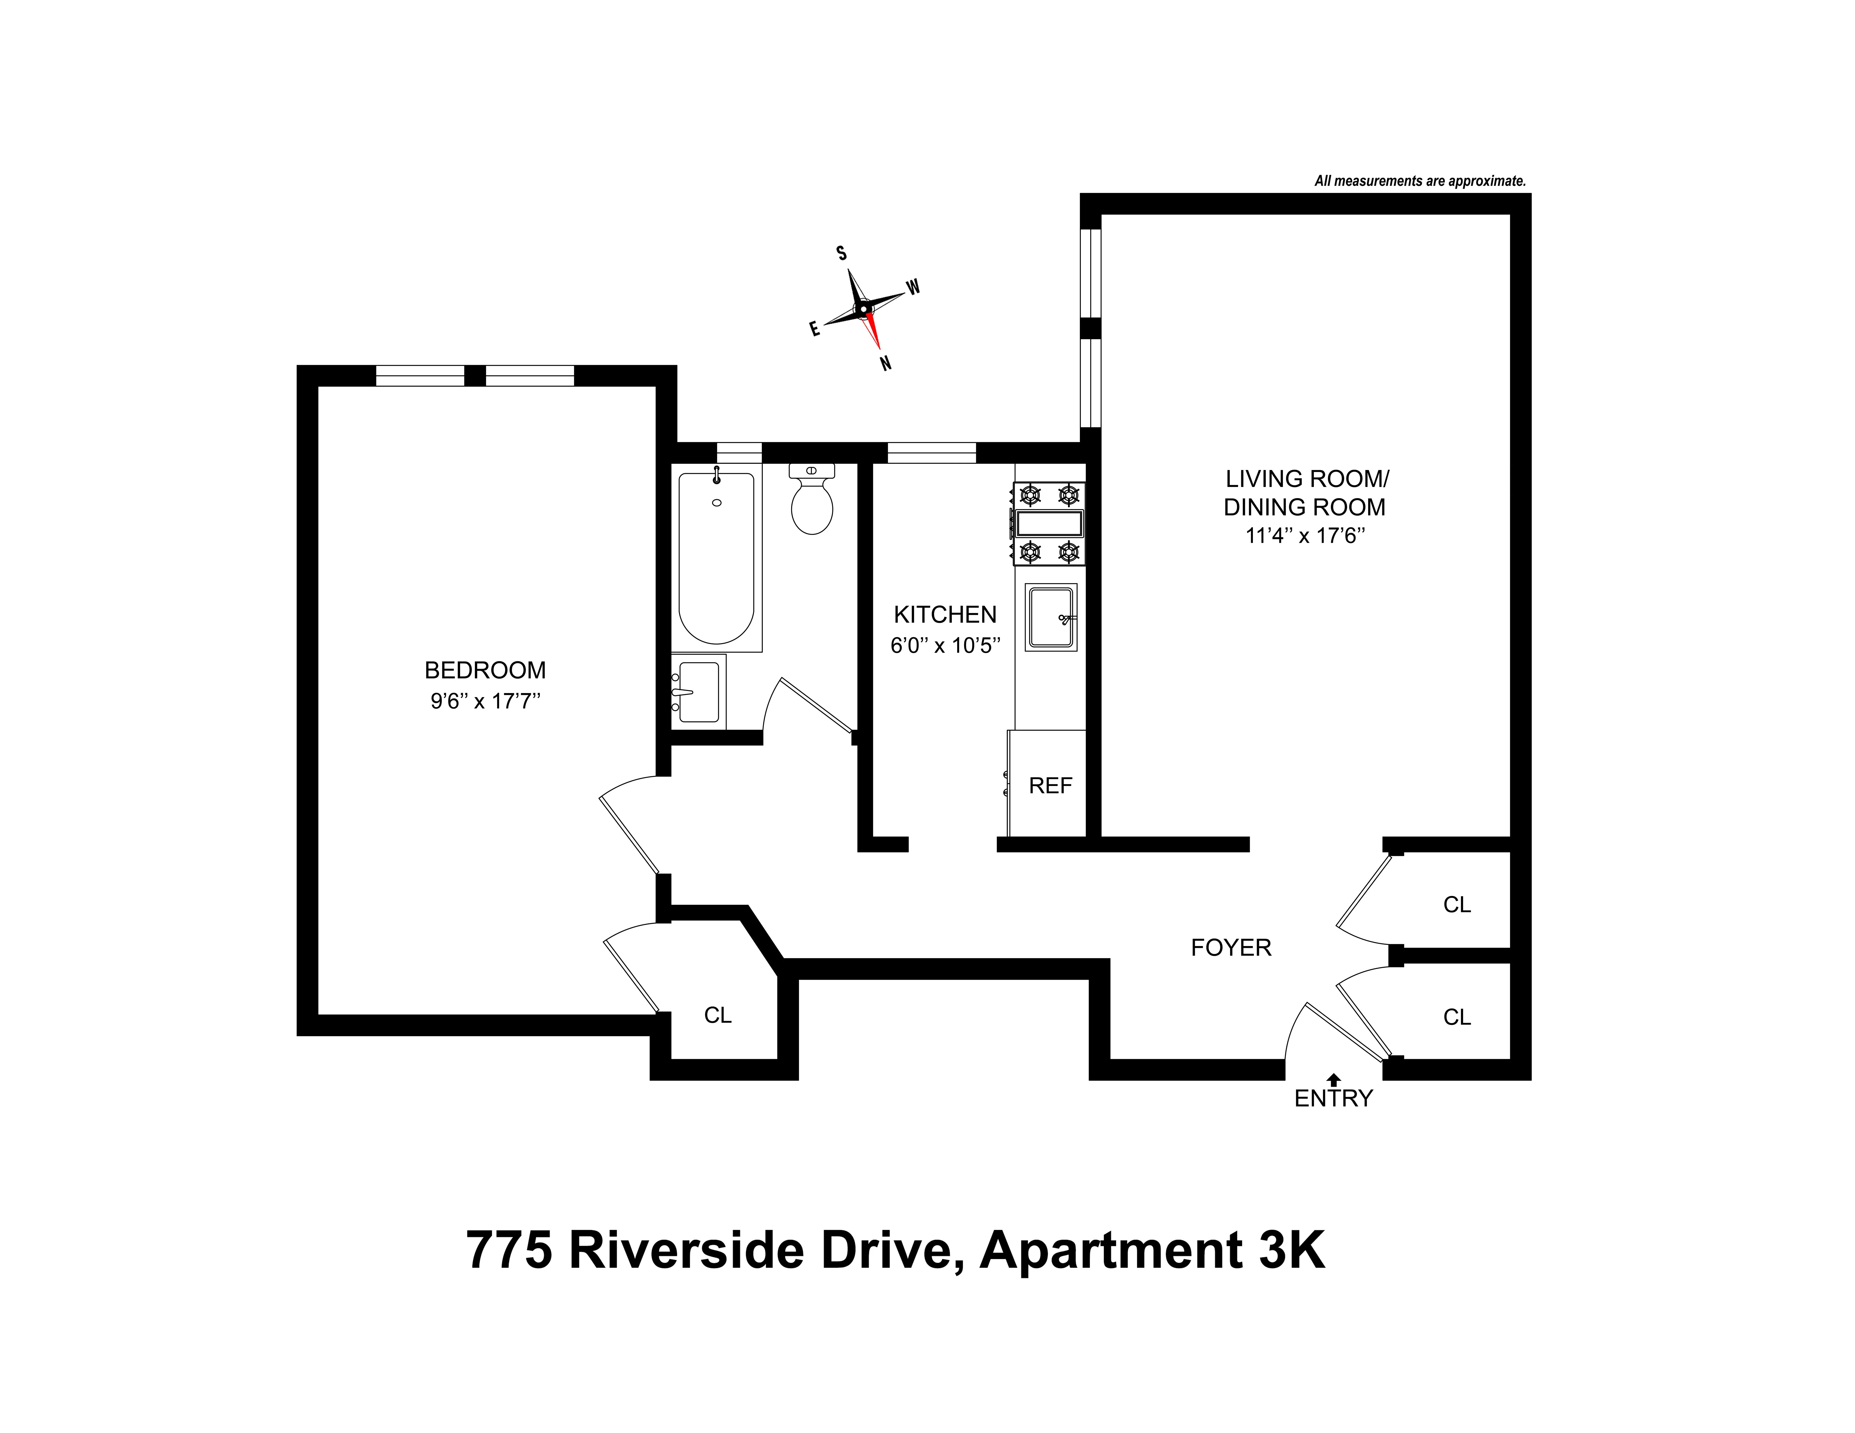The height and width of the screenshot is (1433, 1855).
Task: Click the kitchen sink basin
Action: (x=1051, y=617)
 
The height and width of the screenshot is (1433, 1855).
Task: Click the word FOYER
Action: (x=1231, y=947)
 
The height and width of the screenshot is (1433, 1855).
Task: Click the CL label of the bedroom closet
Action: (x=718, y=1015)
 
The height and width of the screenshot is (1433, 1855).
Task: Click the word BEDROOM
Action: (x=485, y=671)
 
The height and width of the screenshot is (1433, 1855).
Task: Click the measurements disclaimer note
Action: (x=1420, y=181)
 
